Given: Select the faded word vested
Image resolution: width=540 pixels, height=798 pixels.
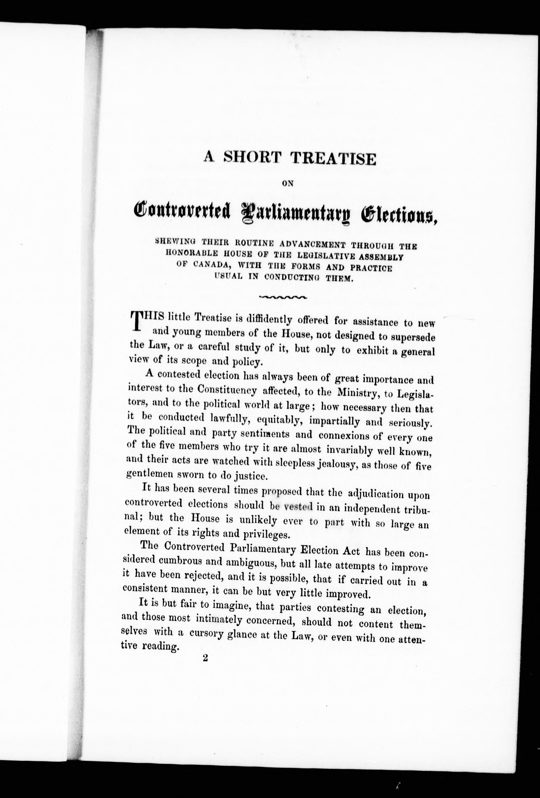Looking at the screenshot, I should tap(298, 506).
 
